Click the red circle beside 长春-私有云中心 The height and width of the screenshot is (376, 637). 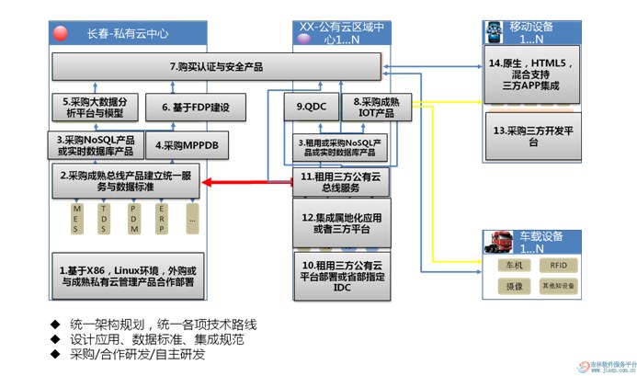coord(61,33)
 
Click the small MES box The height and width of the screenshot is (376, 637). coord(77,219)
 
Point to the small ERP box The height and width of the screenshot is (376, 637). coord(162,219)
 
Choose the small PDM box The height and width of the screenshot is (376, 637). coord(133,219)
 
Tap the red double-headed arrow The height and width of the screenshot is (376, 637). coord(245,183)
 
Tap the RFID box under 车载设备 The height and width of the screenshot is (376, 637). coord(559,266)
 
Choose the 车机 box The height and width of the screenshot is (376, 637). coord(515,266)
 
